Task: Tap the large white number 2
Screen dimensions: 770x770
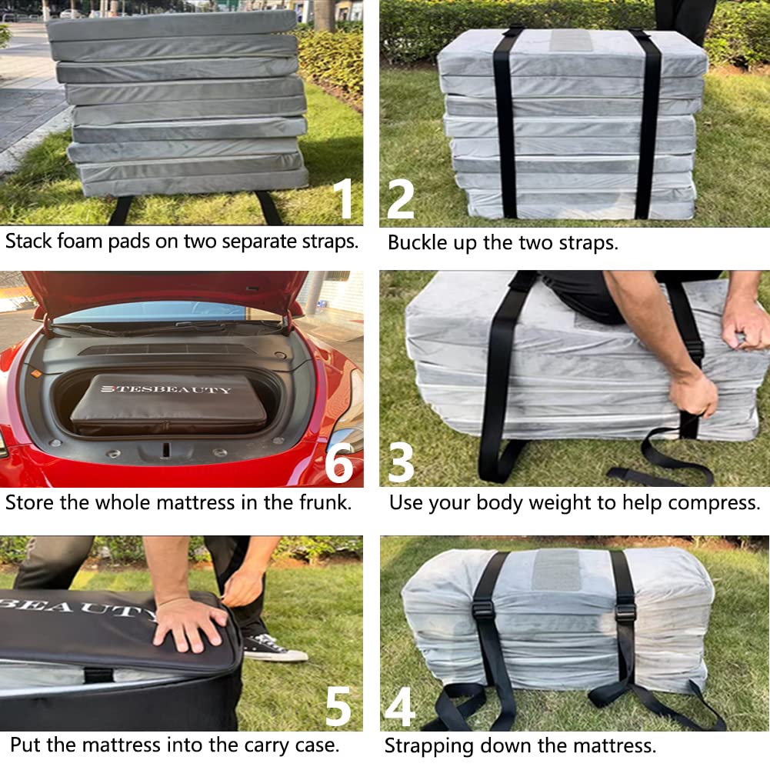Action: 402,198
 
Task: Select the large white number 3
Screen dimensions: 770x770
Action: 401,462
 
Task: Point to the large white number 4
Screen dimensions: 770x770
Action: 399,707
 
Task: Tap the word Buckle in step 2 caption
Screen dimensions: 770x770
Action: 414,243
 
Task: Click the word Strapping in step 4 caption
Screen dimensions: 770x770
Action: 428,745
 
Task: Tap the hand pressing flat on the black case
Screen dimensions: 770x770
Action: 188,622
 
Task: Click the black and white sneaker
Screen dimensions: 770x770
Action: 273,650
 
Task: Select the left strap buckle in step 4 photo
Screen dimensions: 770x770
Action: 483,610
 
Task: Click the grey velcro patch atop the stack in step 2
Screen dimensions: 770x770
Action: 570,40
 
